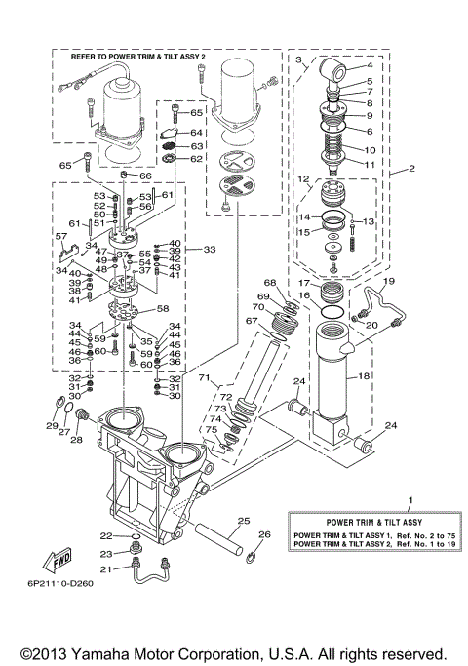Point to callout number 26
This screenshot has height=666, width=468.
[x=262, y=534]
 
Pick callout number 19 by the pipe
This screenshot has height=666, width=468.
[x=387, y=282]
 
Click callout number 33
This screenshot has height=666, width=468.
[x=209, y=251]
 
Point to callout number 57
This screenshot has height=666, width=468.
[x=60, y=236]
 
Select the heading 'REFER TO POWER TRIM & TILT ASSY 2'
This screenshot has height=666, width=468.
[x=138, y=58]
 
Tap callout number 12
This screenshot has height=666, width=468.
[x=303, y=178]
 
